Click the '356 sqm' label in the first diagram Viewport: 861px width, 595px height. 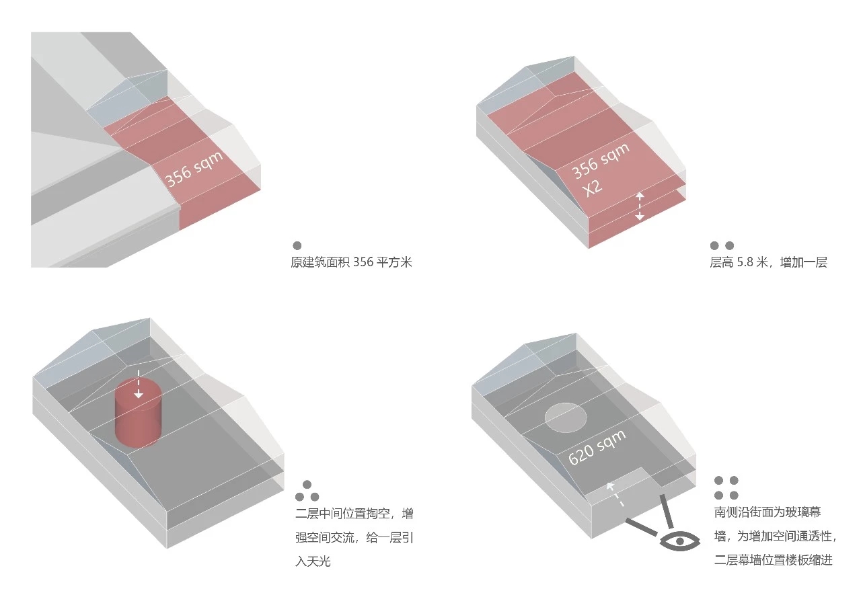click(194, 168)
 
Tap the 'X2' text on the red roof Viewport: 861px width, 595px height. click(592, 188)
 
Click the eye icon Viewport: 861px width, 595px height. click(679, 541)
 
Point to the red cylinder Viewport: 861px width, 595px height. click(139, 413)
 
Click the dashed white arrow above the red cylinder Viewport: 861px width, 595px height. click(139, 383)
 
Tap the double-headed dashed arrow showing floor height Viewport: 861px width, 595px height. click(639, 206)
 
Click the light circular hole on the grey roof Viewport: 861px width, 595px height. click(566, 418)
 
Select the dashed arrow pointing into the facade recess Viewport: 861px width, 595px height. click(615, 494)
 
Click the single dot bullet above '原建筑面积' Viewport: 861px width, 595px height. click(297, 245)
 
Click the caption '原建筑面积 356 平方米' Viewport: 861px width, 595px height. click(351, 262)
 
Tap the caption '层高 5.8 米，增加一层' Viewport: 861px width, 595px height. click(768, 262)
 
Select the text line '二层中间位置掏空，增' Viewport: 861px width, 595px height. click(354, 514)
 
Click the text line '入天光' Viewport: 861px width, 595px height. click(313, 561)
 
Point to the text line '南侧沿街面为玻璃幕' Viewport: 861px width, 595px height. click(768, 512)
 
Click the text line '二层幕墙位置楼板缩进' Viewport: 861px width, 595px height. click(774, 560)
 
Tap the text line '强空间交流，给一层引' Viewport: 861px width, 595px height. click(354, 537)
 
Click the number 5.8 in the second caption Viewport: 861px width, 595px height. click(745, 262)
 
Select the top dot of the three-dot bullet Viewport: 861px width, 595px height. click(307, 484)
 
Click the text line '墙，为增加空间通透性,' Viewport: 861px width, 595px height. click(776, 537)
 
